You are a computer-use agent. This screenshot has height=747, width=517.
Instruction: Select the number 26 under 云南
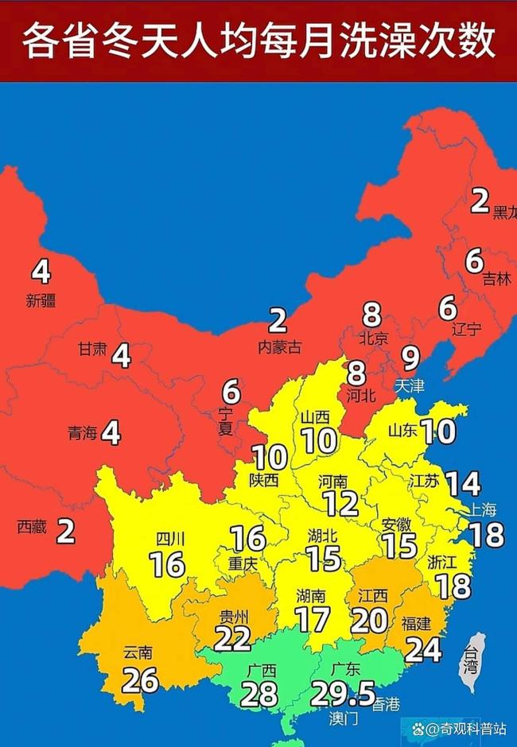point(139,679)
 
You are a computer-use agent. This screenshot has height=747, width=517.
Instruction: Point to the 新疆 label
point(41,300)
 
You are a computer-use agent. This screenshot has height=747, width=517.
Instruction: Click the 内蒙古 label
point(279,346)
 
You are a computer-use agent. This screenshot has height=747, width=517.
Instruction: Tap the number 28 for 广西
point(258,694)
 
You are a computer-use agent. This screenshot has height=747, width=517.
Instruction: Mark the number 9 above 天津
point(410,359)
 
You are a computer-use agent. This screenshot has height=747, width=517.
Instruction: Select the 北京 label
point(372,339)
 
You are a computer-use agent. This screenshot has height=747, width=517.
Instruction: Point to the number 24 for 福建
point(423,649)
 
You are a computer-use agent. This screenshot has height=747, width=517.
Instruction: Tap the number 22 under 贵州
point(231,638)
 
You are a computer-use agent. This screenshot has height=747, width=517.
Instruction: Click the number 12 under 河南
point(341,503)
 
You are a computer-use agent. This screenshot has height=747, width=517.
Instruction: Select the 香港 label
point(387,703)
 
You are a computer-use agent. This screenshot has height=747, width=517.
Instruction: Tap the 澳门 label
point(344,718)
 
